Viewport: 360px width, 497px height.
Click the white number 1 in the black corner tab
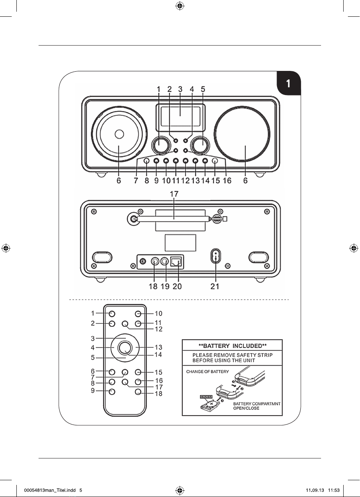pos(288,84)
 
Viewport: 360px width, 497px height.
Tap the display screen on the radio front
pos(180,117)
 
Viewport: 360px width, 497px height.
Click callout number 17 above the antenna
pos(174,194)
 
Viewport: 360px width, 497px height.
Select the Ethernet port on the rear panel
pos(176,262)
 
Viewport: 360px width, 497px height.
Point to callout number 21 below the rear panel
pos(215,286)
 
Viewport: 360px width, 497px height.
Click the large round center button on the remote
pos(125,348)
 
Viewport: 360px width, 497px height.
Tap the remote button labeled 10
pos(138,314)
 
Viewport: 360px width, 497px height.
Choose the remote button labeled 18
pos(138,392)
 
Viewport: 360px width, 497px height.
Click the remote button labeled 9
pos(112,392)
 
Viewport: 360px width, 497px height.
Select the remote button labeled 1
pos(112,314)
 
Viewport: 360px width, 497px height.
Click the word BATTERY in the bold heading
pos(216,346)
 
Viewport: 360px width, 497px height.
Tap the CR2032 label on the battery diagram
pos(206,397)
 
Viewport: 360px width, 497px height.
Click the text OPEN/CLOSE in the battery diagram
pos(246,408)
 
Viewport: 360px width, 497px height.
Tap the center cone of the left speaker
pos(119,134)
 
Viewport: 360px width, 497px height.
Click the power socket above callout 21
pos(215,256)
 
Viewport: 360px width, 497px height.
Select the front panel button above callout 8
pos(146,160)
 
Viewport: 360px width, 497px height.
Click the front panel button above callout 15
pos(215,160)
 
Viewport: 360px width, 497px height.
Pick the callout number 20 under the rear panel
pos(177,286)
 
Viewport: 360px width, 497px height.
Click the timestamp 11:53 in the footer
pos(334,490)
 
